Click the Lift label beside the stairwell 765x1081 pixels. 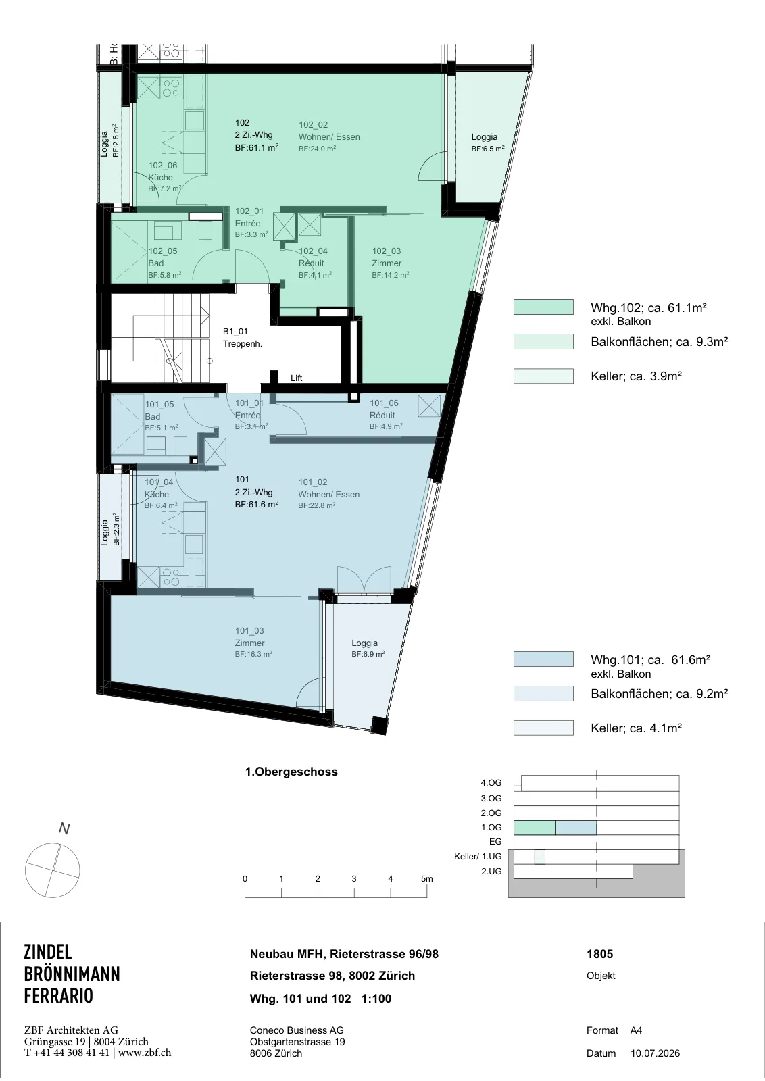click(297, 378)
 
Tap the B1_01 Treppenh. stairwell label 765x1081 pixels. click(243, 338)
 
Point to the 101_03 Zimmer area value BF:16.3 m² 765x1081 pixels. click(253, 654)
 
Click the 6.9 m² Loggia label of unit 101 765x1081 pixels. click(368, 648)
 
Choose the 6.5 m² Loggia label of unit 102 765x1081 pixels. click(487, 143)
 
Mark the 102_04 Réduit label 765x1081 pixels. click(315, 263)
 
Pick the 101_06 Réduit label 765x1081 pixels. click(386, 415)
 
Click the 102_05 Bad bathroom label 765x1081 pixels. click(165, 263)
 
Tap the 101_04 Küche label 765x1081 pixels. click(161, 494)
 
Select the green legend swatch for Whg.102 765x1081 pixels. click(543, 307)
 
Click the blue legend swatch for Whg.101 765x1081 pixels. click(543, 659)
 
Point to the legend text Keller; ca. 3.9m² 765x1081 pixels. click(636, 376)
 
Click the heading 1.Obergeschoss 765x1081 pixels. click(291, 771)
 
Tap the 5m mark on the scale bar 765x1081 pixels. click(426, 878)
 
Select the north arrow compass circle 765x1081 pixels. click(52, 870)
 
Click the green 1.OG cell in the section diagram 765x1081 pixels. click(535, 827)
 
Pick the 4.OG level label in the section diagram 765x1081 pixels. click(491, 782)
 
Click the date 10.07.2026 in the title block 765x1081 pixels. click(655, 1053)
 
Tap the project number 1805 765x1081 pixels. click(600, 953)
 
